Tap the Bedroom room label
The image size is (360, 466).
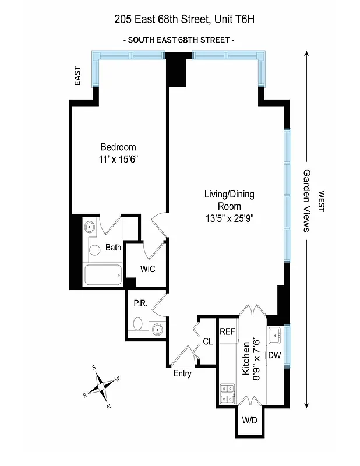tap(118, 147)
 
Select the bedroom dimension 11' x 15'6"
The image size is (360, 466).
tap(118, 158)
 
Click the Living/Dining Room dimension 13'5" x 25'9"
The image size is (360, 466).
tap(229, 218)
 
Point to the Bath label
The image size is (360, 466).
tap(113, 248)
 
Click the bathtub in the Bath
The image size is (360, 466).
tap(103, 275)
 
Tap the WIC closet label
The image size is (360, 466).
tap(147, 269)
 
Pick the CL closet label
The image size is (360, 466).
tap(207, 341)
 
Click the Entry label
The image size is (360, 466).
tap(182, 373)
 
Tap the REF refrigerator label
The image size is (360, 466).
tap(227, 331)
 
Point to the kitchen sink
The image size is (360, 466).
tap(276, 334)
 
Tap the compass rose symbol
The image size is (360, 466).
tap(102, 386)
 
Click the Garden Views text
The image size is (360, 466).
tap(306, 201)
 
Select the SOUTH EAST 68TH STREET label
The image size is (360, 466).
tap(179, 40)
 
